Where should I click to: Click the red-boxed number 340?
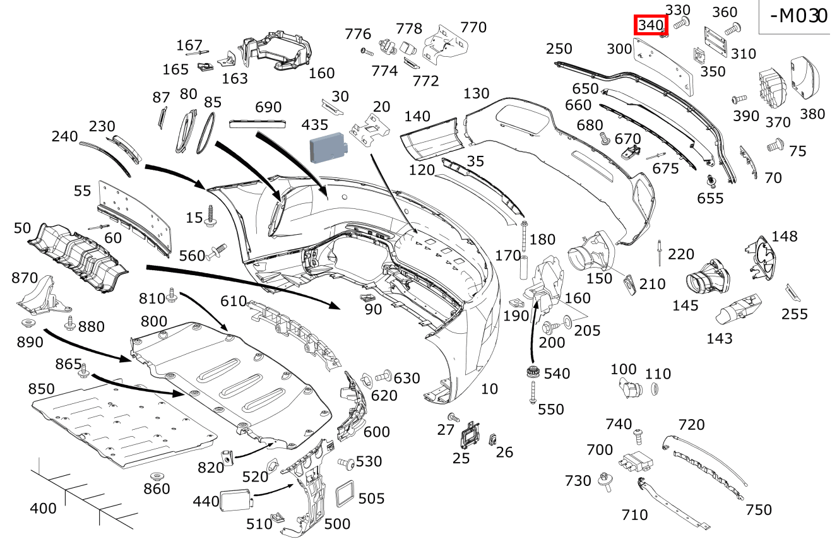(651, 25)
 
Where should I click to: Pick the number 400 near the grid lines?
(43, 508)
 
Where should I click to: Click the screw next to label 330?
(680, 23)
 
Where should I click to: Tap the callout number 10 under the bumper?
(489, 389)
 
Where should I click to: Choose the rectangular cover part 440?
(236, 500)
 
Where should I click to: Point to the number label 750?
(758, 509)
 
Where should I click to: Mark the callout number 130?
(476, 93)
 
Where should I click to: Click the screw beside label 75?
(774, 146)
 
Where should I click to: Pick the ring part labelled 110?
(655, 389)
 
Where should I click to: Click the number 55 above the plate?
(82, 191)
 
